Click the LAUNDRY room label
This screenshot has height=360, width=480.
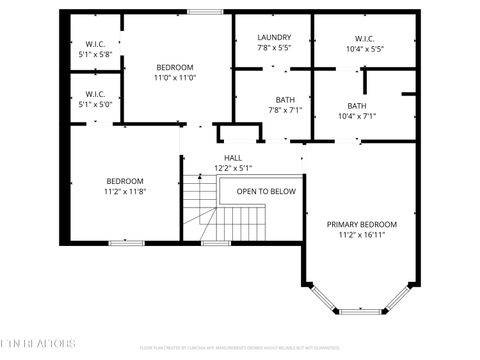(273, 37)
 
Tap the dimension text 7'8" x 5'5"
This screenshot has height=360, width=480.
(273, 48)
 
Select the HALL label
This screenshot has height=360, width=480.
(232, 157)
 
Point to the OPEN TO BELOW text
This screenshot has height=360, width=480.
(265, 191)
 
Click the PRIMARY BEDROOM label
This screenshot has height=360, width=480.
(361, 224)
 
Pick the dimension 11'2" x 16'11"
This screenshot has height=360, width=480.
(361, 235)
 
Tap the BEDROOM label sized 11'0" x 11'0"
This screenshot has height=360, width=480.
(175, 66)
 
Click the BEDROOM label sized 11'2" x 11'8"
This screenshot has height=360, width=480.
(125, 181)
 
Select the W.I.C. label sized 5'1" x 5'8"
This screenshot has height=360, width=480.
(96, 44)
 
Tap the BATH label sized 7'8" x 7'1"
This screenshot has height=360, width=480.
(285, 99)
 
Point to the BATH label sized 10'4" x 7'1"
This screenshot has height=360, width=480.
(357, 106)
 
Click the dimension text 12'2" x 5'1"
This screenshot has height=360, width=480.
(232, 168)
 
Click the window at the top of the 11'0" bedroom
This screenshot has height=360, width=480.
(205, 12)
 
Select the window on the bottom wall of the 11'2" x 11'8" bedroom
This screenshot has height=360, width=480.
(124, 243)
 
